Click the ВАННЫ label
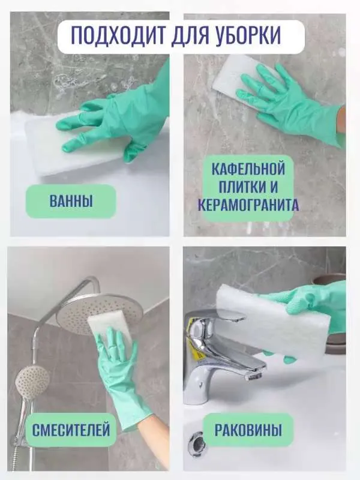point(71,202)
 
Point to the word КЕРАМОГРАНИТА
point(248,205)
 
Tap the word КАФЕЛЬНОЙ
point(248,169)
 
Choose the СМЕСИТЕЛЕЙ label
point(71,430)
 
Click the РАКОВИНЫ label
point(248,430)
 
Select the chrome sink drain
point(196,445)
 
